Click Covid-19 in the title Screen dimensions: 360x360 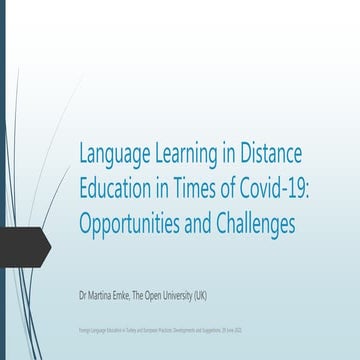point(282,190)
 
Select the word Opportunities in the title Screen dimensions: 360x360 point(138,224)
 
